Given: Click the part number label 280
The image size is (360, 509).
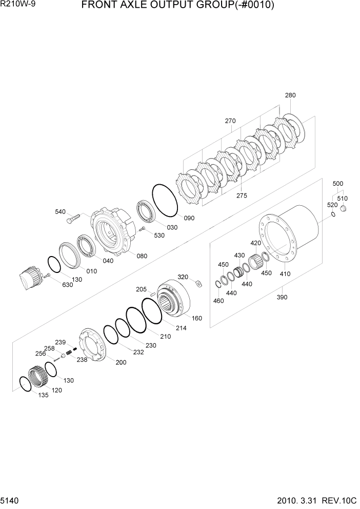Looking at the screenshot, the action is (x=290, y=95).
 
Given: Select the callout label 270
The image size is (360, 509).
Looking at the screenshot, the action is (x=230, y=122).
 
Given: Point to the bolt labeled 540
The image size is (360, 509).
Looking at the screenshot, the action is (x=71, y=219).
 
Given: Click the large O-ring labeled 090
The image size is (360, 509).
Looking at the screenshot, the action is (x=165, y=201).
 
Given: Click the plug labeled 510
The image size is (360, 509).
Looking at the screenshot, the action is (x=343, y=208).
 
